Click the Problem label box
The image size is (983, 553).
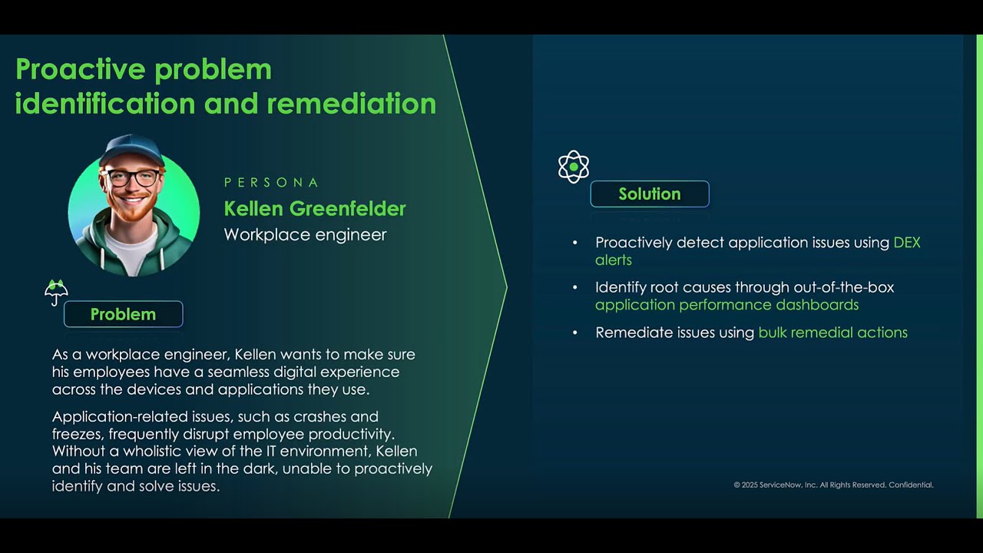pos(123,314)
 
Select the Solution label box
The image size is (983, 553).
pos(650,194)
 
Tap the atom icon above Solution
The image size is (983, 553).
pos(574,167)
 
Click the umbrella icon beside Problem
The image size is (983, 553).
pos(56,292)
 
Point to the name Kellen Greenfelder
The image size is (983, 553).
pos(315,208)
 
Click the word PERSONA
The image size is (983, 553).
pos(271,183)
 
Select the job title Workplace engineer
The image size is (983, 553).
pos(305,235)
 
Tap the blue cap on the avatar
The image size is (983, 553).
pos(132,148)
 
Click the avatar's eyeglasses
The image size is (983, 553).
pos(133,177)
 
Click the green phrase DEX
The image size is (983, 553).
pos(907,243)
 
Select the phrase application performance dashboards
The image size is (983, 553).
pos(726,305)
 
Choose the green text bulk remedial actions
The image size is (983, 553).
pos(832,333)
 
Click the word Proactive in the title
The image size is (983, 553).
pos(81,69)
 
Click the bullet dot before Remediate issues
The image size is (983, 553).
pos(575,333)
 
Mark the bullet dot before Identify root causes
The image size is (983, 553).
pos(575,287)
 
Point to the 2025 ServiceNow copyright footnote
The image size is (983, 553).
pos(833,485)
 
